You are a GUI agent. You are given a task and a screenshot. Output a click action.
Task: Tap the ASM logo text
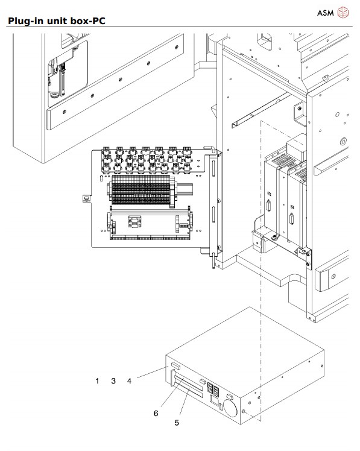[x=325, y=13]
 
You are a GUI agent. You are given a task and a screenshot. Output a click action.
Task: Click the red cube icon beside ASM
[x=343, y=13]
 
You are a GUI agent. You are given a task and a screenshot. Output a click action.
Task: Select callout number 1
[x=97, y=381]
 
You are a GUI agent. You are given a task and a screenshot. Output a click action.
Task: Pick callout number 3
[x=113, y=381]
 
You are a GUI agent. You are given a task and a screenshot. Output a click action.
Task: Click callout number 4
[x=128, y=381]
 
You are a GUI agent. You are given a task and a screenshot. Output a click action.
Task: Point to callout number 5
[x=177, y=423]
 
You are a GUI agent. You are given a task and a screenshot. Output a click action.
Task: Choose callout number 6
[x=156, y=414]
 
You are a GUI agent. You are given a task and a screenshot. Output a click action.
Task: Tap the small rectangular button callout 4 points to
[x=175, y=367]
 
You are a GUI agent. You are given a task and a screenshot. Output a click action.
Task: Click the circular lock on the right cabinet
[x=343, y=142]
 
